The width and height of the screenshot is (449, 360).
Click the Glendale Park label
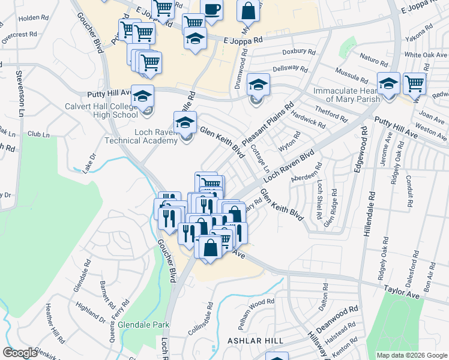[x=143, y=325]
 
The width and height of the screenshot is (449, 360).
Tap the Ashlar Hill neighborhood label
[x=255, y=340]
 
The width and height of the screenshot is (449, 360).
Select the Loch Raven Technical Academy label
[x=142, y=136]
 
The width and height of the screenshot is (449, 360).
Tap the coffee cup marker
[x=211, y=10]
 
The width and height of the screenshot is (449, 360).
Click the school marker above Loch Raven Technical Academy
[x=185, y=124]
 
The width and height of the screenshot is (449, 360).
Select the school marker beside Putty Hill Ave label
[x=143, y=96]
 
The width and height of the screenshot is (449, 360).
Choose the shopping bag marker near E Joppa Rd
[x=248, y=11]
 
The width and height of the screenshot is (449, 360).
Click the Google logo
[x=20, y=353]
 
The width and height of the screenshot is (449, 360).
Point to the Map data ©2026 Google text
[x=411, y=355]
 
